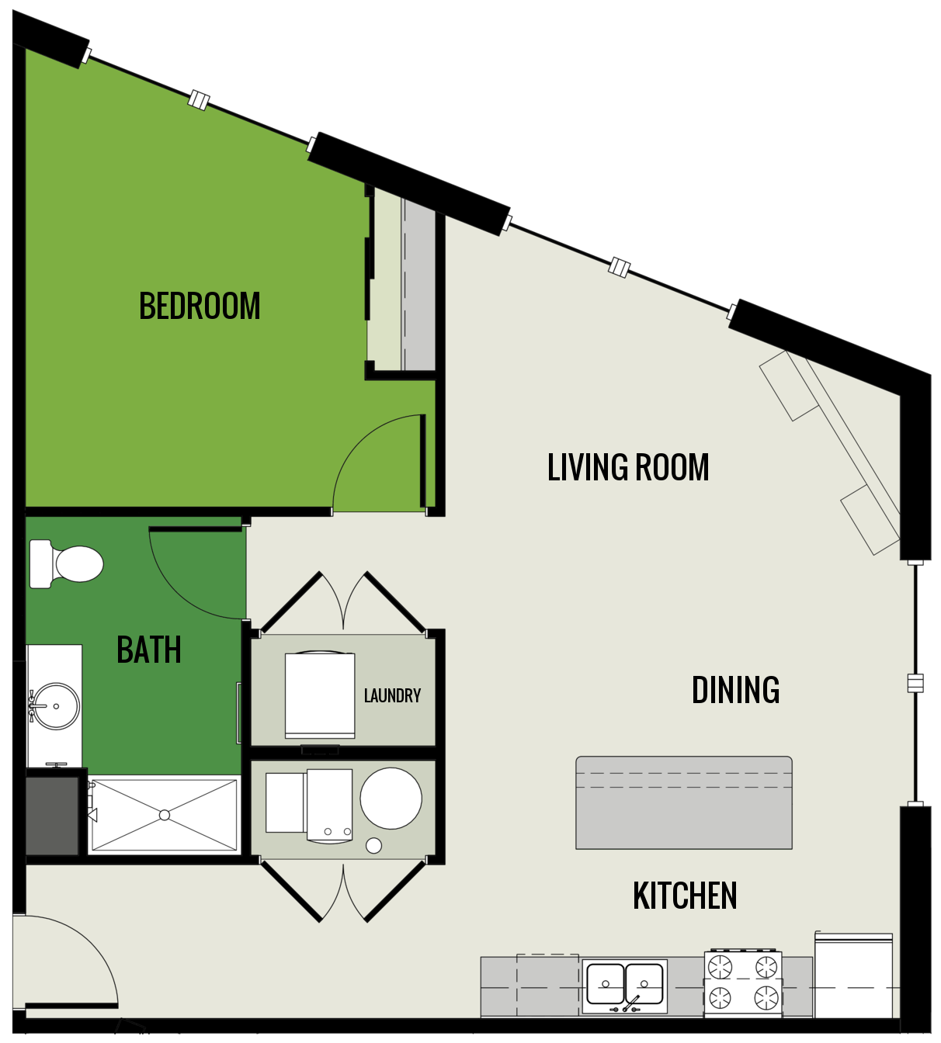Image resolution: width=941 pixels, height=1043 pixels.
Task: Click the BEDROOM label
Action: pos(200,306)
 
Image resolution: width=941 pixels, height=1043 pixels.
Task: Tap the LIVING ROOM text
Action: pos(628,468)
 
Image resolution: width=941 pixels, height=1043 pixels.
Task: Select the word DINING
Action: pos(735,690)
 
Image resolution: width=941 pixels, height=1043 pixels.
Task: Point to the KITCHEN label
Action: pos(685,896)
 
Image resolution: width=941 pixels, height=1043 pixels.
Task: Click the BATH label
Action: pos(148,650)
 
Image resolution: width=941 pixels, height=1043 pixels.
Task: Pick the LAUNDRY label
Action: pos(392,695)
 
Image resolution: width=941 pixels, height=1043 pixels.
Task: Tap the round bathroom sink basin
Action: pos(55,706)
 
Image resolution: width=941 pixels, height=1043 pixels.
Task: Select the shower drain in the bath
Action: pos(165,815)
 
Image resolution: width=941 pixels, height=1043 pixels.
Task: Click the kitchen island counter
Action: pos(684,803)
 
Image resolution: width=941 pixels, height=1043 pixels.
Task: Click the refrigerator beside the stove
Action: pos(853,976)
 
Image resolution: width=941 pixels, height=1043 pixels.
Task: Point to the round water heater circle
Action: pos(391,799)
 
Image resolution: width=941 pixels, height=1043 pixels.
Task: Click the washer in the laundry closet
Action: pos(320,695)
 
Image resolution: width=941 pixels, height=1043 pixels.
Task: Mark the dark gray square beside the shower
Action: pos(52,816)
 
